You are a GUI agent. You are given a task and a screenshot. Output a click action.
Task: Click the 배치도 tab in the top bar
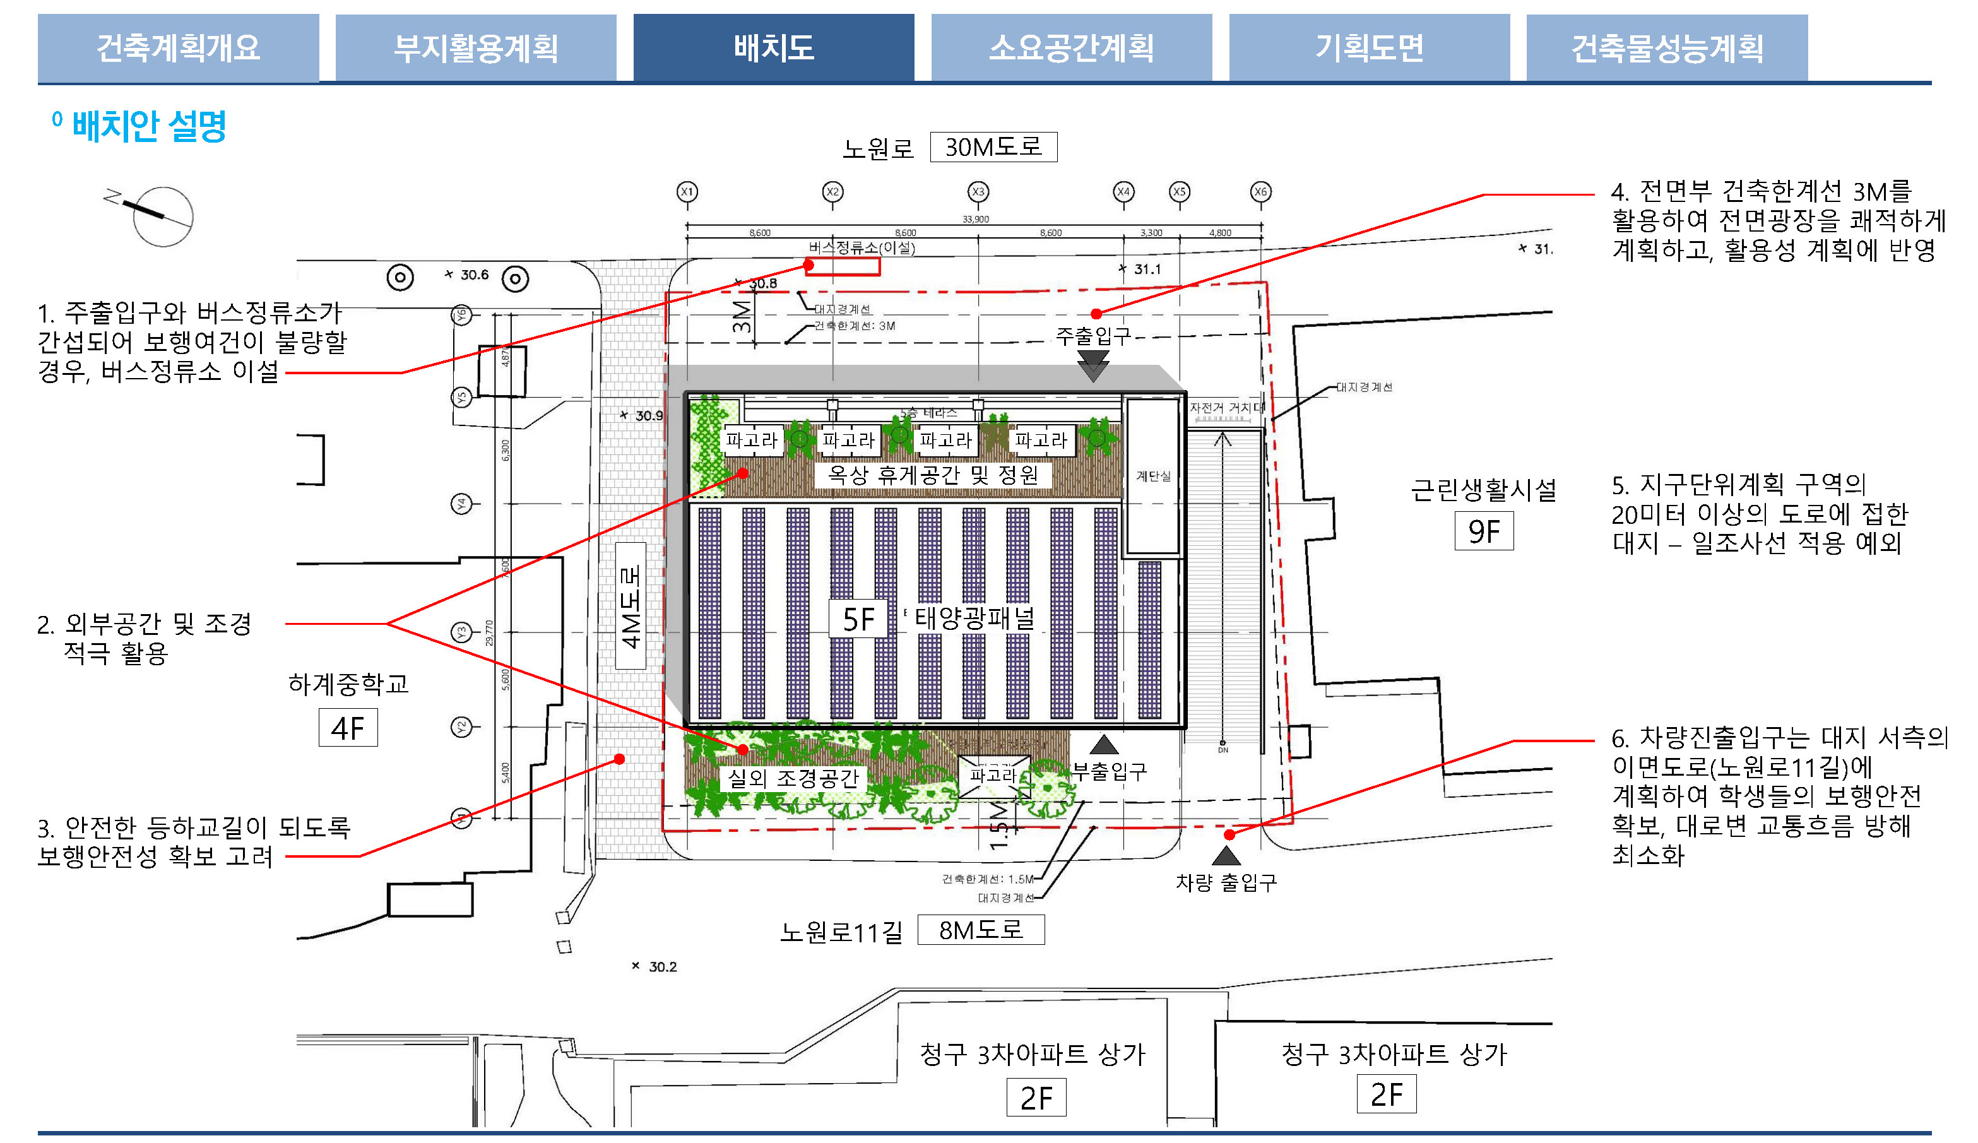coord(773,48)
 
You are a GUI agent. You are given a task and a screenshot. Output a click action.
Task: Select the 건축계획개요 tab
coord(178,48)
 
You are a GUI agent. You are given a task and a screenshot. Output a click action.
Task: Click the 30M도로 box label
coord(993,147)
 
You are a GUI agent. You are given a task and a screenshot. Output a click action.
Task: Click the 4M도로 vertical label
coord(631,605)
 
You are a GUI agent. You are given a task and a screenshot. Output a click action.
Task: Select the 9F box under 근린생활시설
coord(1483,531)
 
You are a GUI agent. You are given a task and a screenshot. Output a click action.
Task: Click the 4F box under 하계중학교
coord(348,728)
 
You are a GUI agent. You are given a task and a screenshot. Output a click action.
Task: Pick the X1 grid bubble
coord(687,191)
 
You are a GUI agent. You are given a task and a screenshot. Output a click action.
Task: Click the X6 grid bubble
coord(1260,191)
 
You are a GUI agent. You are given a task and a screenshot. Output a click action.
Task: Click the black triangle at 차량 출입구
coord(1226,855)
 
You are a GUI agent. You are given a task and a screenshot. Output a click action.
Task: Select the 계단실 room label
coord(1153,476)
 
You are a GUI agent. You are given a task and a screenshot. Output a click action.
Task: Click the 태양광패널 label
coord(974,619)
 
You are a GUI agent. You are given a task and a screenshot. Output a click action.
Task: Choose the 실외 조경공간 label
coord(793,778)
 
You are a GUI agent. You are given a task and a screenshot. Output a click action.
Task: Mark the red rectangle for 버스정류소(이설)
coord(844,267)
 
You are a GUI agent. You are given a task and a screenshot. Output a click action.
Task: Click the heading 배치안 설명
coord(148,126)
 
